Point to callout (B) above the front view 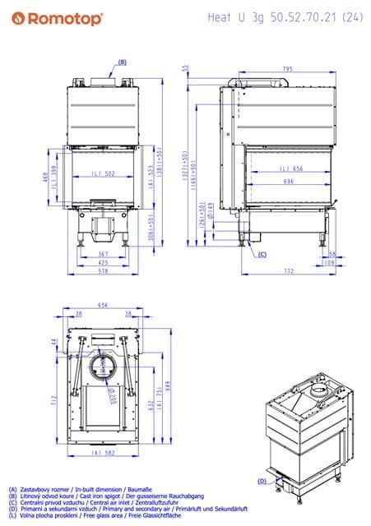[x=123, y=62]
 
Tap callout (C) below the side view [x=262, y=255]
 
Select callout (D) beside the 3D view [x=262, y=480]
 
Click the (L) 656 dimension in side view [x=281, y=168]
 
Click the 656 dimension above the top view [x=103, y=304]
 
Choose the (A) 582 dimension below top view [x=103, y=453]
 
